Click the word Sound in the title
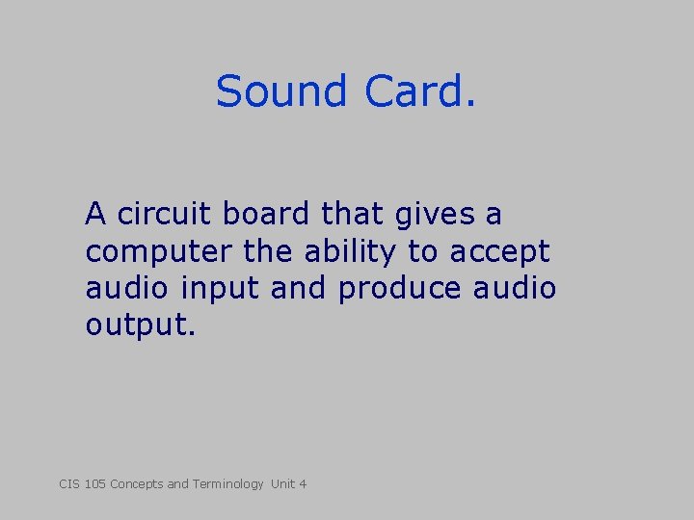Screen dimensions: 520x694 280,91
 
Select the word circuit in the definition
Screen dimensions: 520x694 160,214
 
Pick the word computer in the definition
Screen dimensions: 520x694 159,252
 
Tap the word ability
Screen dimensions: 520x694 348,252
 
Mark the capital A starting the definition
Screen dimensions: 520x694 95,214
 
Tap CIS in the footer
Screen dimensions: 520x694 69,483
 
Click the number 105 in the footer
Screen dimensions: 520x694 94,483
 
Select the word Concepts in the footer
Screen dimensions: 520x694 137,483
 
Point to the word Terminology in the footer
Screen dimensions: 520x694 227,483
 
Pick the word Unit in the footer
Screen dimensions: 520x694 283,483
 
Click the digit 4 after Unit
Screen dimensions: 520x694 303,483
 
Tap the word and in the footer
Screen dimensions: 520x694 177,483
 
